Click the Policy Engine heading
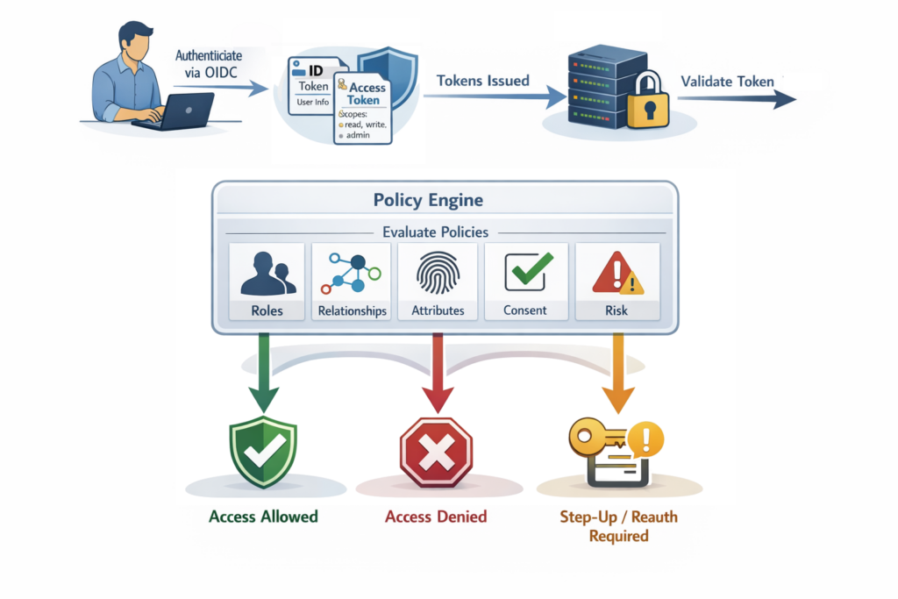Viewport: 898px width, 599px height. (x=428, y=200)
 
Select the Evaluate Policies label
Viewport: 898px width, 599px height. (x=436, y=232)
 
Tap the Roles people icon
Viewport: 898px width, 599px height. (x=267, y=275)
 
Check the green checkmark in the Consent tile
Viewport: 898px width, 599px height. (x=528, y=271)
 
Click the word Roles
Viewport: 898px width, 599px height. (x=267, y=310)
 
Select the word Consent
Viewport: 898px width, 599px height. (x=525, y=310)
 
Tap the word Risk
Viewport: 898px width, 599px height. (x=617, y=310)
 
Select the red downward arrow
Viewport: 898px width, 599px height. (x=437, y=377)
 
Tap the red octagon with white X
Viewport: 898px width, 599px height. (x=437, y=452)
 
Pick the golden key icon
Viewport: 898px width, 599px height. (x=596, y=436)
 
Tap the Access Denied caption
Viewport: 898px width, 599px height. (x=436, y=517)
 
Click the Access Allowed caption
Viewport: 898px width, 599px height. (x=263, y=517)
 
